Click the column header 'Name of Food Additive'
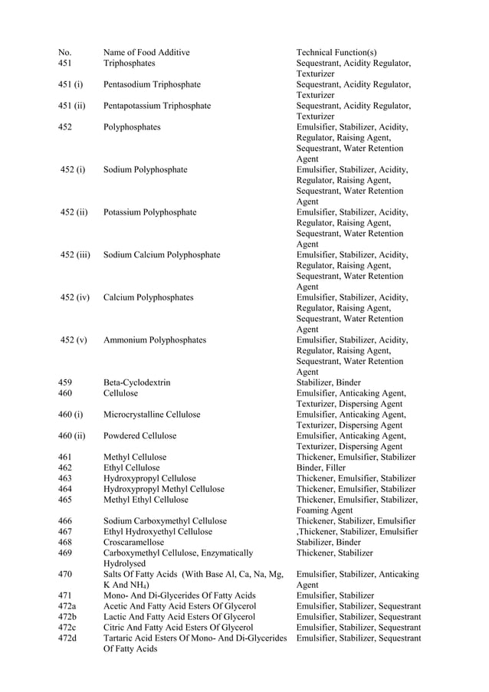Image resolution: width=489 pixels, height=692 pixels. tap(146, 52)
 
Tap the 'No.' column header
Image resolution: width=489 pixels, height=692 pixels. tap(64, 52)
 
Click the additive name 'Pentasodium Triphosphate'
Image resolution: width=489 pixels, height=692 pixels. tap(152, 84)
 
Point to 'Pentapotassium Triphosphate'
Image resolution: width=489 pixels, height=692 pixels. tap(156, 106)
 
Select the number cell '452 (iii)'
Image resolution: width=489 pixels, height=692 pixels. tap(75, 254)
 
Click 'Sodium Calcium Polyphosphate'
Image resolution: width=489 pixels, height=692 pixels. tap(162, 254)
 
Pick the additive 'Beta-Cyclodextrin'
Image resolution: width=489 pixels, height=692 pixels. tap(136, 382)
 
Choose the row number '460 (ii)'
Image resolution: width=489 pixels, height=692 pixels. tap(71, 436)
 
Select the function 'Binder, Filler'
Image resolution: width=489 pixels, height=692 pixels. tap(320, 467)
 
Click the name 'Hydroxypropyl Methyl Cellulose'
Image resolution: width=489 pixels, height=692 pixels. tap(164, 489)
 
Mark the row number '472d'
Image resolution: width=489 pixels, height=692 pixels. tap(67, 638)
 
